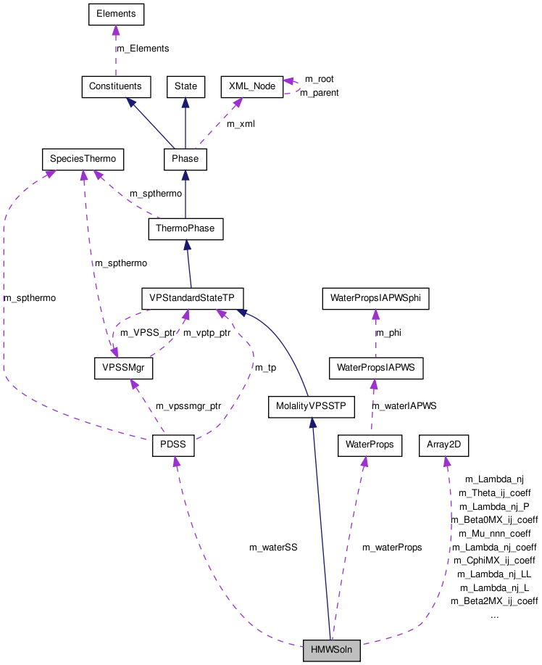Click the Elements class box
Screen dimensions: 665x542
[x=116, y=14]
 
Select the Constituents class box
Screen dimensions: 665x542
[x=116, y=86]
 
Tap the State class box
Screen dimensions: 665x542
[x=185, y=86]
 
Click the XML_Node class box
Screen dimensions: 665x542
[x=251, y=86]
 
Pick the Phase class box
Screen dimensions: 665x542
[x=185, y=158]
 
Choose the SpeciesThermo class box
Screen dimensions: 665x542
[x=83, y=158]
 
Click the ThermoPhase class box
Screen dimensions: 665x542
[x=185, y=229]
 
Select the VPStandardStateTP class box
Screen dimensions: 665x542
[x=192, y=298]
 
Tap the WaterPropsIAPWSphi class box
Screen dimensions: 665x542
[x=376, y=298]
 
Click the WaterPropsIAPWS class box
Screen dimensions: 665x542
[x=375, y=368]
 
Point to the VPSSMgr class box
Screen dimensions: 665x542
[x=124, y=368]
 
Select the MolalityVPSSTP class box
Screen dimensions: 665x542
[x=312, y=407]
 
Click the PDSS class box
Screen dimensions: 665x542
[x=173, y=446]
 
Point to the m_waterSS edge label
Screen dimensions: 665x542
[x=273, y=548]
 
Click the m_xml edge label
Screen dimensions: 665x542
[x=241, y=124]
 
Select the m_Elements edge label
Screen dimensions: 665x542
[x=143, y=49]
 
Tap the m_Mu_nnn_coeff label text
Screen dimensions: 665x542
[x=494, y=533]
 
